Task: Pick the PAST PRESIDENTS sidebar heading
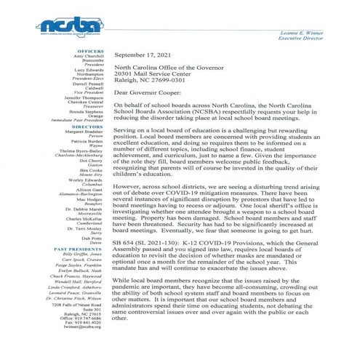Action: tap(76, 249)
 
